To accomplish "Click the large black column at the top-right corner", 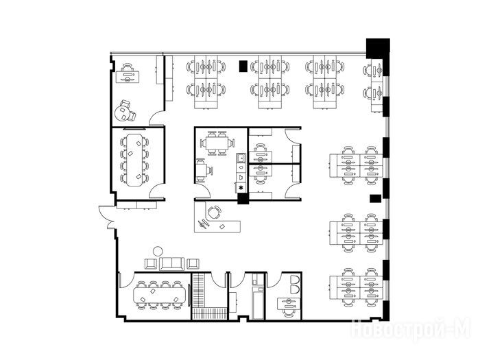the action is click(378, 49).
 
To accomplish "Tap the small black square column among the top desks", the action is click(243, 66).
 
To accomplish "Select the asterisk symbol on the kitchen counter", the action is click(241, 188).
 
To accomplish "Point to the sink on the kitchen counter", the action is click(241, 158).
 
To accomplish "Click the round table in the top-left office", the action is click(122, 113).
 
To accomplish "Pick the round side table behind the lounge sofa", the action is click(158, 252).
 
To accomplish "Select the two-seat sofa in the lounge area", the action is click(171, 264).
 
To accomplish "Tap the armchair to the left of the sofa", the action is click(151, 263).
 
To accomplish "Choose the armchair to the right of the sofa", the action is click(193, 263).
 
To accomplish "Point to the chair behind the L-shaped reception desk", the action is click(214, 212).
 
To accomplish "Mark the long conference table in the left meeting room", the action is click(134, 160).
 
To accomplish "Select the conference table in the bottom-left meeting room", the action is click(160, 295).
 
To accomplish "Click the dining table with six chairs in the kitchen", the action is click(217, 143).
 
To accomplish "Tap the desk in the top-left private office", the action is click(128, 77).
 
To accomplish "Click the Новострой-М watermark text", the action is click(410, 329).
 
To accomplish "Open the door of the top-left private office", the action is click(157, 118).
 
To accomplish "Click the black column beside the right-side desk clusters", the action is click(375, 199).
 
